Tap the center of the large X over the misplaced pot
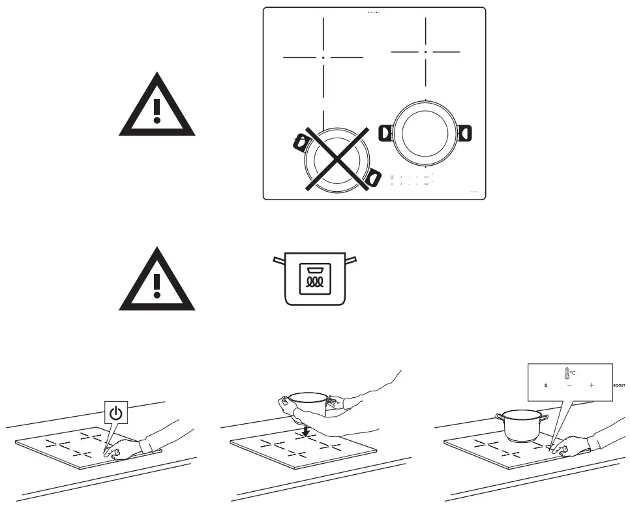tap(337, 159)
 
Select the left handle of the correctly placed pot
tap(385, 132)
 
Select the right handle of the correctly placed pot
tap(464, 132)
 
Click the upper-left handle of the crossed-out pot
tap(301, 140)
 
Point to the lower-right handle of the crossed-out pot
tap(374, 177)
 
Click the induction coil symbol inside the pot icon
tap(314, 279)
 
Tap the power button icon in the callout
tap(115, 413)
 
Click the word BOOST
tap(619, 385)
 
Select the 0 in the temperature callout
tap(546, 385)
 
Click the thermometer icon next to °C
tap(567, 373)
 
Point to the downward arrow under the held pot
tap(305, 430)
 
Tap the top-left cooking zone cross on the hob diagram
tap(323, 57)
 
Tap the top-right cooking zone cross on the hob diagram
tap(425, 51)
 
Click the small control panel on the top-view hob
tap(411, 181)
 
